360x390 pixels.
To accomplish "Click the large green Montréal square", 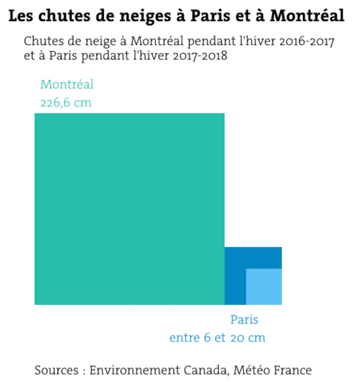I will [x=129, y=209].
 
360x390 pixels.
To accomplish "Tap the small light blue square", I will [x=264, y=287].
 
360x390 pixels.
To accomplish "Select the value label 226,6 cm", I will [x=66, y=102].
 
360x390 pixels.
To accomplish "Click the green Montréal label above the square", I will [x=67, y=85].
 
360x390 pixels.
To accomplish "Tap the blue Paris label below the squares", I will [x=244, y=320].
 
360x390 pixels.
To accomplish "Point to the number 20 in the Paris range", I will [x=238, y=338].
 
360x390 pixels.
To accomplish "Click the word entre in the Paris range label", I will [x=184, y=338].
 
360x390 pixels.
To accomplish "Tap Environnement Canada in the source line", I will [x=158, y=370].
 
